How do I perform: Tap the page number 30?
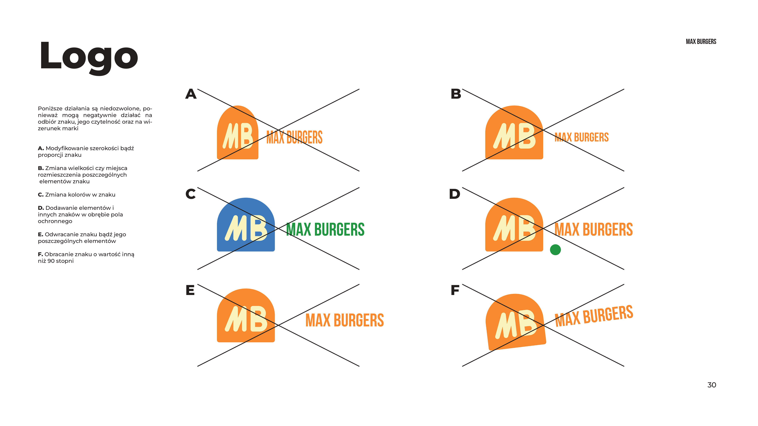tap(711, 385)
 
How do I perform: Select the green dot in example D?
tap(555, 250)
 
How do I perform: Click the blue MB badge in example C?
tap(246, 225)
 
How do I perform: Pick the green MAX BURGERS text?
tap(325, 230)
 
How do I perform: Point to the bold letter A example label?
tap(191, 94)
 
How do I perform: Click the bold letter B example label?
tap(456, 94)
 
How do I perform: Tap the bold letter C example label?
tap(190, 194)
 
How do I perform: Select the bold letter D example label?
tap(455, 194)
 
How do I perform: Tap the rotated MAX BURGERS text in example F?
tap(594, 316)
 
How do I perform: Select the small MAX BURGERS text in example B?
tap(582, 137)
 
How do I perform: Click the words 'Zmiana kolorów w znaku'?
tap(80, 195)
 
